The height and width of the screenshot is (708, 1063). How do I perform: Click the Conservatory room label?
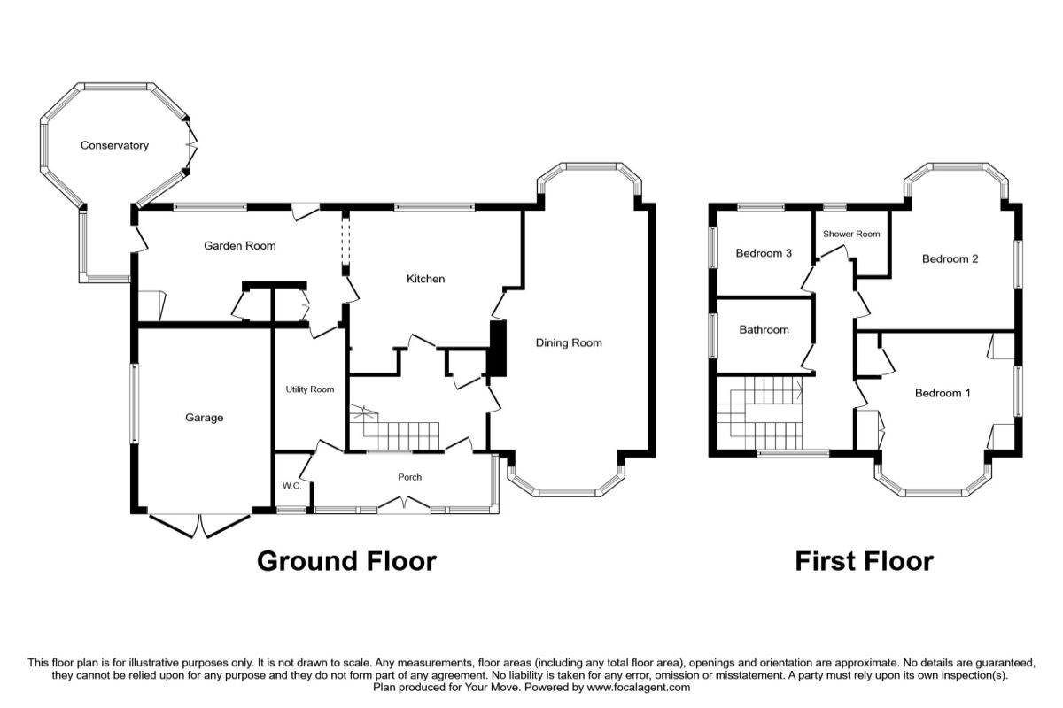click(114, 146)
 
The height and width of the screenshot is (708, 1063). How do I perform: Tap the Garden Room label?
click(240, 246)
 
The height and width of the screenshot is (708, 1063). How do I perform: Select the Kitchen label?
click(426, 279)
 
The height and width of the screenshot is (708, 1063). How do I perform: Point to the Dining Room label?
click(569, 342)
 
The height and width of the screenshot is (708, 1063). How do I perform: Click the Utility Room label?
click(309, 389)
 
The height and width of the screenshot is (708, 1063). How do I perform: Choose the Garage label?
click(204, 418)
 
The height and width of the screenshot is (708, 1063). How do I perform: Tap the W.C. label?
click(291, 486)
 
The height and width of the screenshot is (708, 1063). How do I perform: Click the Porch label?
click(409, 477)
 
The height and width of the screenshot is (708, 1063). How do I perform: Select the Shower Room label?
click(851, 234)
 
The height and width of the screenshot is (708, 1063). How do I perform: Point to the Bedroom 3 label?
click(764, 253)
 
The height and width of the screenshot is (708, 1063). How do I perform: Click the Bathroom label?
click(764, 329)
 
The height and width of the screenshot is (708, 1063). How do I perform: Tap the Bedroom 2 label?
click(950, 259)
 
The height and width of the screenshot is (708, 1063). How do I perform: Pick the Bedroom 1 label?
click(943, 393)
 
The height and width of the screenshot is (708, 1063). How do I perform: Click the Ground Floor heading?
click(346, 561)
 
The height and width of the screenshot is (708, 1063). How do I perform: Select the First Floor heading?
click(865, 561)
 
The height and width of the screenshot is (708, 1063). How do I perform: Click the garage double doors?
click(199, 526)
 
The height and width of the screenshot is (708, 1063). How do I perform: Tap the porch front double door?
click(404, 504)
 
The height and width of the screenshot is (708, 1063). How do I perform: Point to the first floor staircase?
click(759, 413)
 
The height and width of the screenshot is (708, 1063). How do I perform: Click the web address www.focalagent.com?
click(639, 687)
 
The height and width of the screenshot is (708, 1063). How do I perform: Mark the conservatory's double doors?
click(191, 144)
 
